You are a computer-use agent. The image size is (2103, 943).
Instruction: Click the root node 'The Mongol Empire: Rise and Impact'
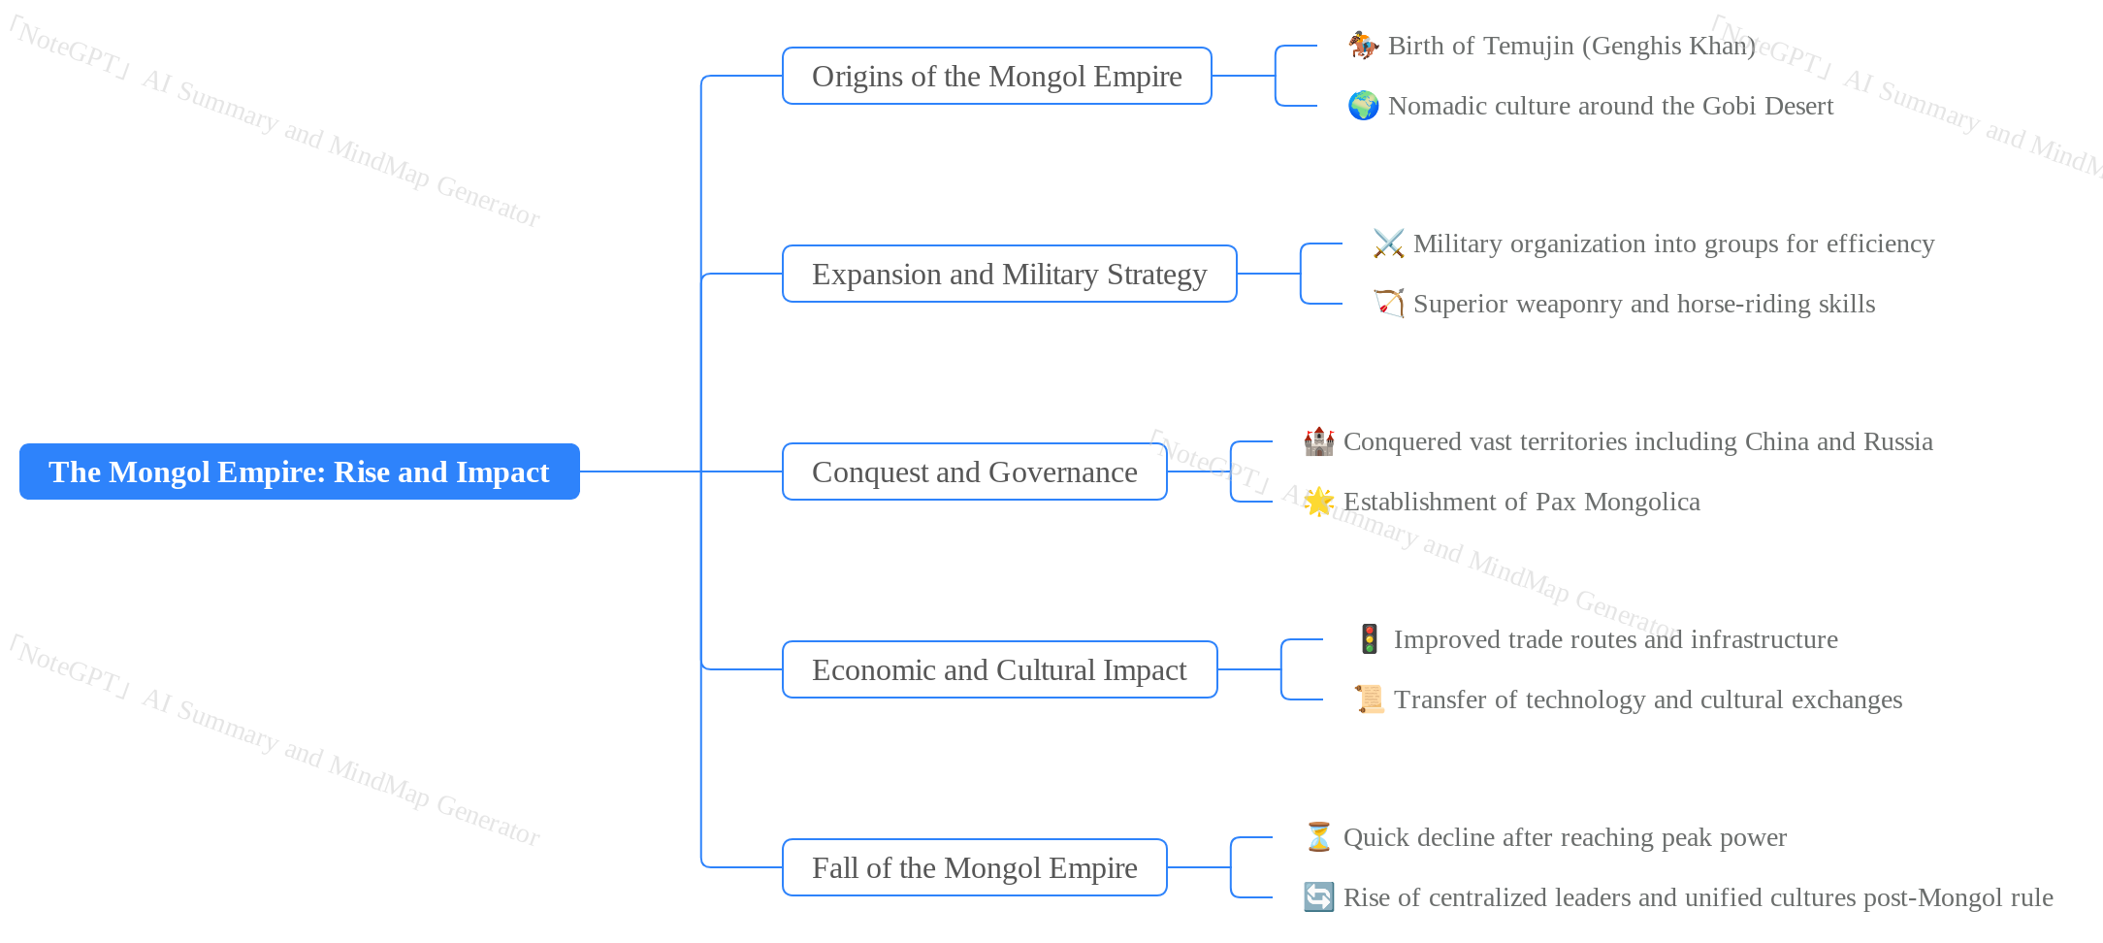pos(299,471)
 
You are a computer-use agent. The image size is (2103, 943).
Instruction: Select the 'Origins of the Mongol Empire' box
pos(996,76)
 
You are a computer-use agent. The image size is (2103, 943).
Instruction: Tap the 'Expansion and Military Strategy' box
pos(1009,274)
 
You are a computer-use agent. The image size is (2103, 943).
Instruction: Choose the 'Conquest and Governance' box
pos(974,471)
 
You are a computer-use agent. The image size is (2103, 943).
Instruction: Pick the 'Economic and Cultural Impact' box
pos(999,669)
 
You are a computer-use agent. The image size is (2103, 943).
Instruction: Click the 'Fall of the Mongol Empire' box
pos(974,867)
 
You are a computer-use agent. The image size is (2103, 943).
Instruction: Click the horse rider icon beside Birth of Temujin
pos(1363,46)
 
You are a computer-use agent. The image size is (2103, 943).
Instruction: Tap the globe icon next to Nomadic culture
pos(1363,106)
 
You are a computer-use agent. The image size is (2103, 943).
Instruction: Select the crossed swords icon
pos(1388,244)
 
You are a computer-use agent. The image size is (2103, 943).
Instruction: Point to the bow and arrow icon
pos(1388,304)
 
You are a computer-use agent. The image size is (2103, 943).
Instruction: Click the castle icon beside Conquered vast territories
pos(1318,441)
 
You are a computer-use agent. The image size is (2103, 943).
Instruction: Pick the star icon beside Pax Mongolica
pos(1318,502)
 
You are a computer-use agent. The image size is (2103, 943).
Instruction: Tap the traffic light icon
pos(1369,639)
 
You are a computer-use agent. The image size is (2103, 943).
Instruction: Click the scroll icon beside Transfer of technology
pos(1369,699)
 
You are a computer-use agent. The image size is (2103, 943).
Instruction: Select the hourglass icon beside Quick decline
pos(1318,837)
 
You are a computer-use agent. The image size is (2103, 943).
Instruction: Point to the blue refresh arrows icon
pos(1318,897)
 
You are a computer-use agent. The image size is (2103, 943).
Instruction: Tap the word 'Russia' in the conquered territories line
pos(1896,441)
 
